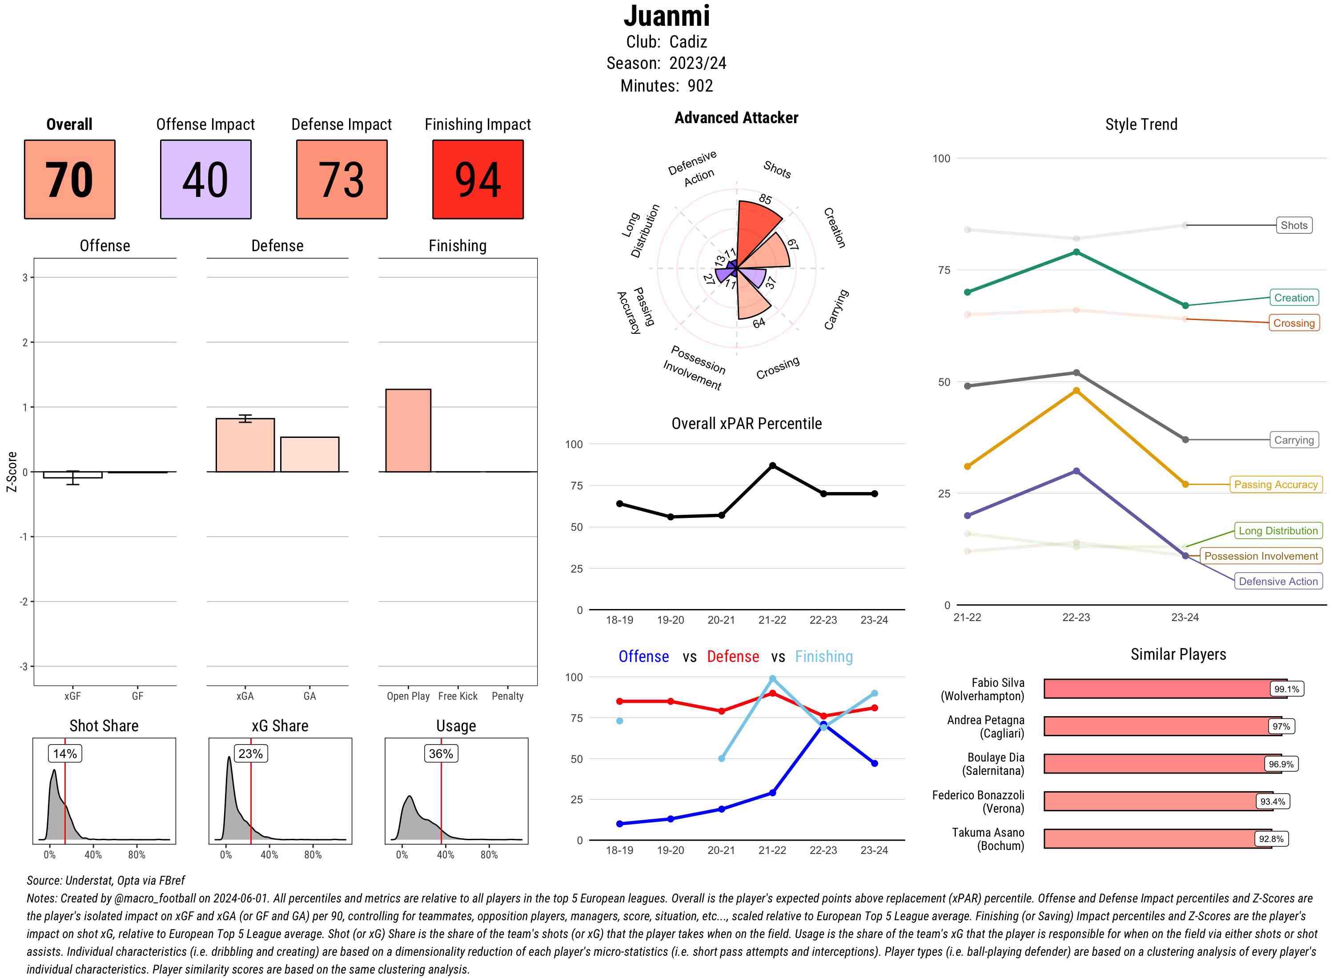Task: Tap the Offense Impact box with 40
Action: pyautogui.click(x=205, y=180)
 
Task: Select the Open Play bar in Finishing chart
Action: pyautogui.click(x=408, y=430)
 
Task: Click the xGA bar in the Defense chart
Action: pyautogui.click(x=245, y=445)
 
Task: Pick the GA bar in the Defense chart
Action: pyautogui.click(x=309, y=454)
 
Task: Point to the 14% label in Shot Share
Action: pyautogui.click(x=64, y=754)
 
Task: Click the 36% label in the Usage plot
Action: pyautogui.click(x=441, y=754)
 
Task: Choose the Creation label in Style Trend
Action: pyautogui.click(x=1293, y=298)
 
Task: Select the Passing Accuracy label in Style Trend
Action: pyautogui.click(x=1275, y=484)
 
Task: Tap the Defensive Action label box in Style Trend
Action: pyautogui.click(x=1278, y=581)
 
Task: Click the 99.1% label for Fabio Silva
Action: pyautogui.click(x=1286, y=689)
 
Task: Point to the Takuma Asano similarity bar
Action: pyautogui.click(x=1157, y=839)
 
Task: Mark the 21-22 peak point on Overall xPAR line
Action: pyautogui.click(x=772, y=466)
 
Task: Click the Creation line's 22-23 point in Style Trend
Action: pyautogui.click(x=1076, y=252)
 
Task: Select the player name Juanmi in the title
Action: pyautogui.click(x=667, y=16)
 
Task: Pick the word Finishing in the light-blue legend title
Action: pyautogui.click(x=824, y=657)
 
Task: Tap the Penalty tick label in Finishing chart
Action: pyautogui.click(x=507, y=696)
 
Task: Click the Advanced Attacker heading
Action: pyautogui.click(x=736, y=118)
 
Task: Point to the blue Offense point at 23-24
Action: pyautogui.click(x=874, y=763)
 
